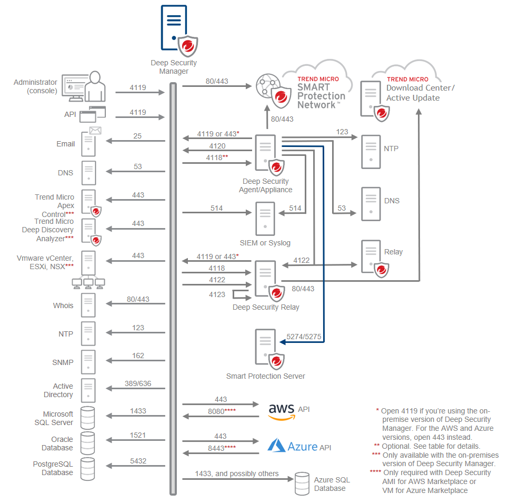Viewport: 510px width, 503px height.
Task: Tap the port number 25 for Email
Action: (137, 136)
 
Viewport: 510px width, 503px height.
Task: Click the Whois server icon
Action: (88, 305)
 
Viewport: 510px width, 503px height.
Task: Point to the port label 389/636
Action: (138, 383)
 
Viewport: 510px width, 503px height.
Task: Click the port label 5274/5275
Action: (304, 336)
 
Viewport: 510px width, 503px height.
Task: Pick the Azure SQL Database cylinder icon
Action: (302, 483)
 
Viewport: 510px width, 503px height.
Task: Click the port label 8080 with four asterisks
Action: (221, 410)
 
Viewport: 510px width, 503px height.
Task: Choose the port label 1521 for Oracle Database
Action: (138, 436)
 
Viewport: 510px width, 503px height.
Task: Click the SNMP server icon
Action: (88, 362)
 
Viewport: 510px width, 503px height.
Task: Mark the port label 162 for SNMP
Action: (138, 356)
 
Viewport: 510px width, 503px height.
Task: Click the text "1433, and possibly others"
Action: (237, 474)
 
